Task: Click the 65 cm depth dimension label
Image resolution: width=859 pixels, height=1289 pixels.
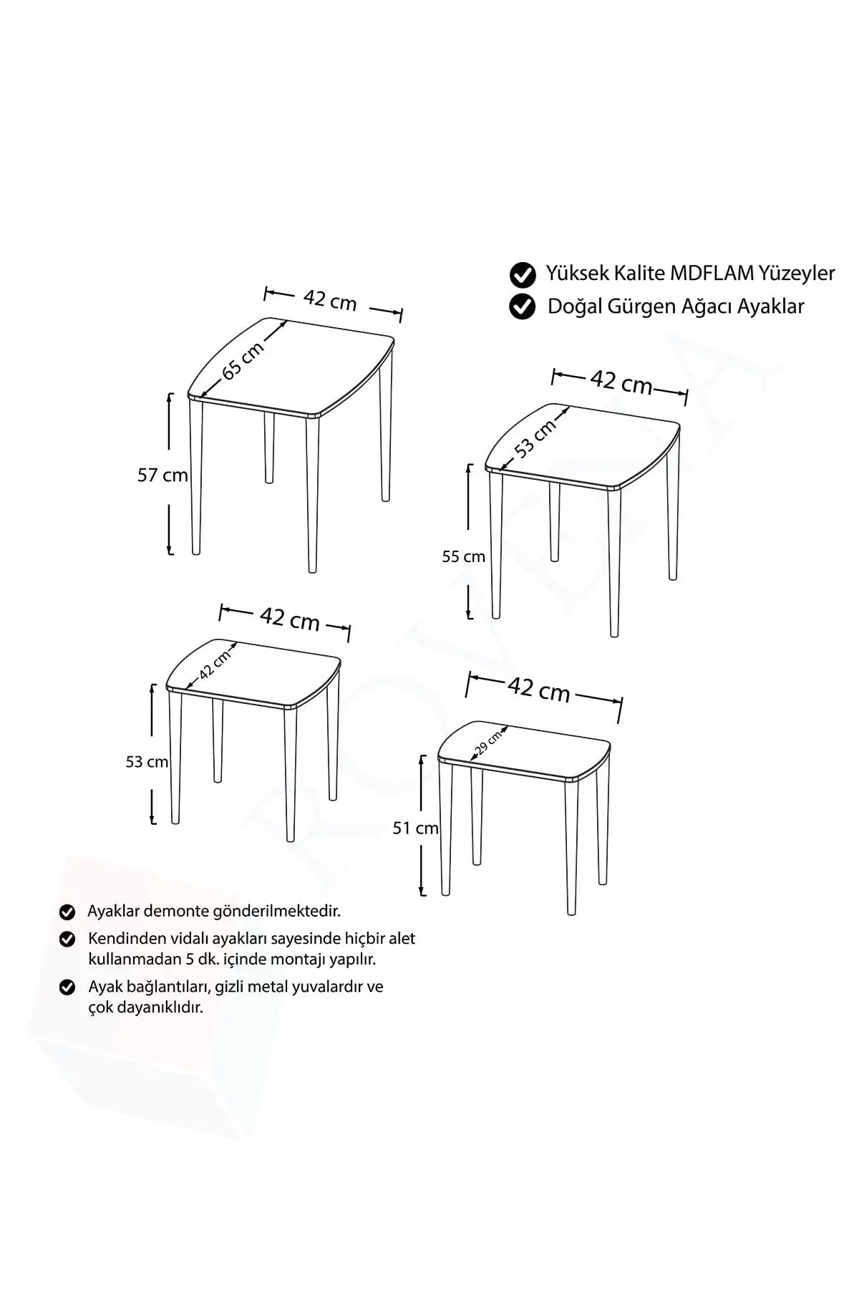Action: pyautogui.click(x=243, y=360)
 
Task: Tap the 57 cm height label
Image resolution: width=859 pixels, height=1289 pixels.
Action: pyautogui.click(x=162, y=475)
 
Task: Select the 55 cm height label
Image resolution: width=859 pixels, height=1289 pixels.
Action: pyautogui.click(x=463, y=556)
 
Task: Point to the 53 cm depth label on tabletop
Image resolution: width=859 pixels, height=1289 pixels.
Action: pyautogui.click(x=535, y=438)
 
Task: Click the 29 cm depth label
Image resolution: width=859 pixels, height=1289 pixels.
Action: pyautogui.click(x=488, y=743)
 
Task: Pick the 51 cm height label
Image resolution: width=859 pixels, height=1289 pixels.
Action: pyautogui.click(x=415, y=828)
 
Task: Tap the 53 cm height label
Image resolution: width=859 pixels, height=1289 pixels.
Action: pyautogui.click(x=147, y=762)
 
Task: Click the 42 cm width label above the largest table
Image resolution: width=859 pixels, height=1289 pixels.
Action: pyautogui.click(x=330, y=300)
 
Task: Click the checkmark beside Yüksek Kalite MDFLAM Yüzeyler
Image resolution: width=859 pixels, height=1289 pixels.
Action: pyautogui.click(x=523, y=274)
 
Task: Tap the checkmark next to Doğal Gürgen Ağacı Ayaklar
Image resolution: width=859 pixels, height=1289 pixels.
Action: pyautogui.click(x=523, y=306)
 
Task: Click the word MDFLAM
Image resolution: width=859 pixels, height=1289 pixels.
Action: pyautogui.click(x=712, y=273)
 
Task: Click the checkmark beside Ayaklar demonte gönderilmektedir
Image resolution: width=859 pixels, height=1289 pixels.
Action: pyautogui.click(x=67, y=912)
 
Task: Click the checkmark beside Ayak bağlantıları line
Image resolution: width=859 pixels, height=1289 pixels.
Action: pyautogui.click(x=67, y=988)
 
